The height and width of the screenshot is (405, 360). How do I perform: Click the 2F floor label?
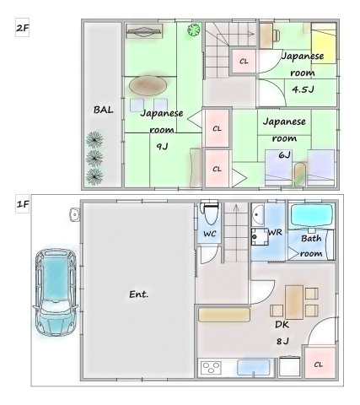click(22, 28)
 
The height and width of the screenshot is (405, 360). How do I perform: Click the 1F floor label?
click(23, 203)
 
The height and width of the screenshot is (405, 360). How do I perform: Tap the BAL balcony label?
click(104, 110)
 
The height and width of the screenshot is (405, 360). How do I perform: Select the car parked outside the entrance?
click(56, 293)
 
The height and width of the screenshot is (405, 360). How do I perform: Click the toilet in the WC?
click(209, 213)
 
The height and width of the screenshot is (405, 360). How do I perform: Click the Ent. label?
click(138, 294)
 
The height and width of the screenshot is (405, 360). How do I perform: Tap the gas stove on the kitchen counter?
click(211, 368)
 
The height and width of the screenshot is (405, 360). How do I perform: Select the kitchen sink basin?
click(254, 367)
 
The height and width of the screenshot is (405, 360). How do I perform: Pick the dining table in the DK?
click(294, 302)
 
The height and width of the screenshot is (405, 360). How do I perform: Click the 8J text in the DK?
click(282, 341)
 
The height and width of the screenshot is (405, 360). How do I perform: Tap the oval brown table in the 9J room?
click(148, 86)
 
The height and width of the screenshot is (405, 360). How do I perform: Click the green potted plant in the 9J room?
click(194, 30)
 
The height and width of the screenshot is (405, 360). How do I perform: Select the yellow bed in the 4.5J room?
click(324, 43)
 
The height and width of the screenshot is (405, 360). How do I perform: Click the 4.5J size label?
click(303, 89)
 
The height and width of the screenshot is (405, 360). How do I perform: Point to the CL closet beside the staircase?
click(244, 62)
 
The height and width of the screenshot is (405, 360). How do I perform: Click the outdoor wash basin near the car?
click(74, 215)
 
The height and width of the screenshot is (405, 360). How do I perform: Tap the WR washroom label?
click(275, 232)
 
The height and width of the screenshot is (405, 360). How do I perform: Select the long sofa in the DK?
click(224, 315)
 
